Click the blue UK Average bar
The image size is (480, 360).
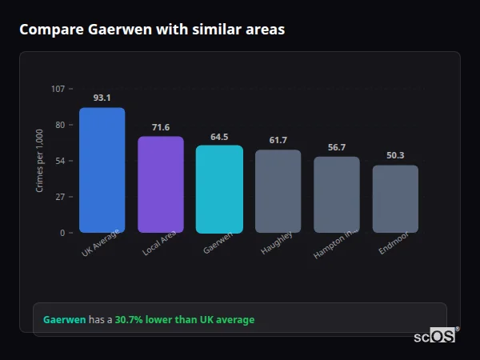(102, 170)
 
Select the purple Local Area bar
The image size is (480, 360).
(161, 185)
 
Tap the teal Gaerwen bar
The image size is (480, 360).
(219, 189)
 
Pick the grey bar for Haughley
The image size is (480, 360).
(278, 191)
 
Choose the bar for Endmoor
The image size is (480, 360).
(395, 199)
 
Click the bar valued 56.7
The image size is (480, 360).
(337, 194)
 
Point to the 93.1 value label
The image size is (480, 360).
(102, 98)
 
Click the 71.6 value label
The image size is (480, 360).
(161, 127)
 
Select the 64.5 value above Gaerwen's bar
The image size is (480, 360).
(219, 137)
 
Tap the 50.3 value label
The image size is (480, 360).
(395, 155)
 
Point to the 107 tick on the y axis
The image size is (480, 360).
(58, 89)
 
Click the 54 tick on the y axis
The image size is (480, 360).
(59, 161)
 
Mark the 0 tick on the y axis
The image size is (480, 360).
(62, 233)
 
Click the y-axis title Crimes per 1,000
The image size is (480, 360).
(40, 161)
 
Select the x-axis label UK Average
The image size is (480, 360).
(101, 243)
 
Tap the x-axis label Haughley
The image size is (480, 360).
(277, 243)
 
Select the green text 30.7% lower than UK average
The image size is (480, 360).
(184, 320)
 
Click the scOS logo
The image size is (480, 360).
(434, 337)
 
